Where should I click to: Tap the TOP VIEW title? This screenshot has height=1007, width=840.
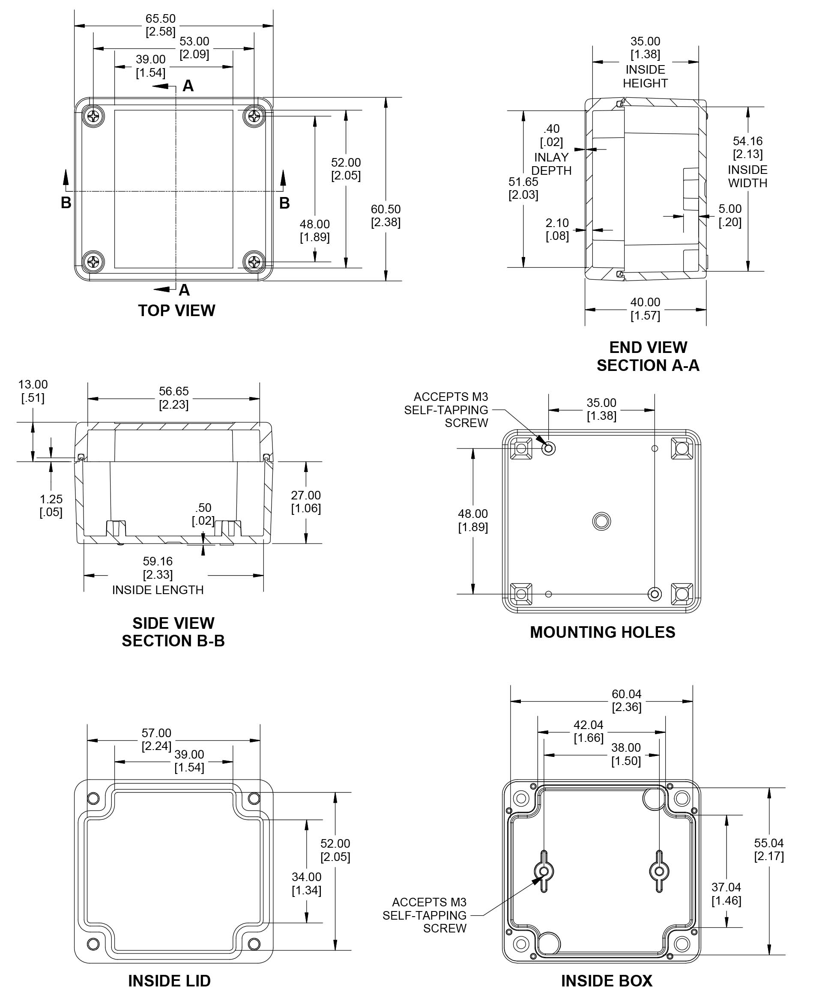pyautogui.click(x=176, y=310)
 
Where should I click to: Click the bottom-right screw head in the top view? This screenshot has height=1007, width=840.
pyautogui.click(x=254, y=262)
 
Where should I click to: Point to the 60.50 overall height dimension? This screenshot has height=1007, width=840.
pyautogui.click(x=386, y=216)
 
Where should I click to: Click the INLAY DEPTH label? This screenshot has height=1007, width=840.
pyautogui.click(x=551, y=164)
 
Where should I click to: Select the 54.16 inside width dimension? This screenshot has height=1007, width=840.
pyautogui.click(x=747, y=147)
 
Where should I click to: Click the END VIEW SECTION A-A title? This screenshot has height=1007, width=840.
pyautogui.click(x=648, y=356)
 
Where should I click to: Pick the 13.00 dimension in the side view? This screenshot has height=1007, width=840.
pyautogui.click(x=33, y=391)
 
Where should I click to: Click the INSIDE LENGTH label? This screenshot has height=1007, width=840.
pyautogui.click(x=158, y=590)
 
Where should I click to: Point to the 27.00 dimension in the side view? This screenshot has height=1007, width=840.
pyautogui.click(x=306, y=502)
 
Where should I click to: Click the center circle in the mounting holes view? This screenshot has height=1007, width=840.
pyautogui.click(x=602, y=521)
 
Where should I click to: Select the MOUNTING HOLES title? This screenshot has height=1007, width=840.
pyautogui.click(x=602, y=632)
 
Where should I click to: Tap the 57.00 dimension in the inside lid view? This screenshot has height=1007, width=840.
pyautogui.click(x=156, y=739)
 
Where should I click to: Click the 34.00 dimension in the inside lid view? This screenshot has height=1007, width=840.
pyautogui.click(x=306, y=883)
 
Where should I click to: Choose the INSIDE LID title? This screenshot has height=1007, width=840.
pyautogui.click(x=169, y=980)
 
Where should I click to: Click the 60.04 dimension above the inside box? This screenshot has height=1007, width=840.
pyautogui.click(x=626, y=701)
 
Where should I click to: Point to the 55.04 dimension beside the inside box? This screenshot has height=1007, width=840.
pyautogui.click(x=768, y=849)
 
